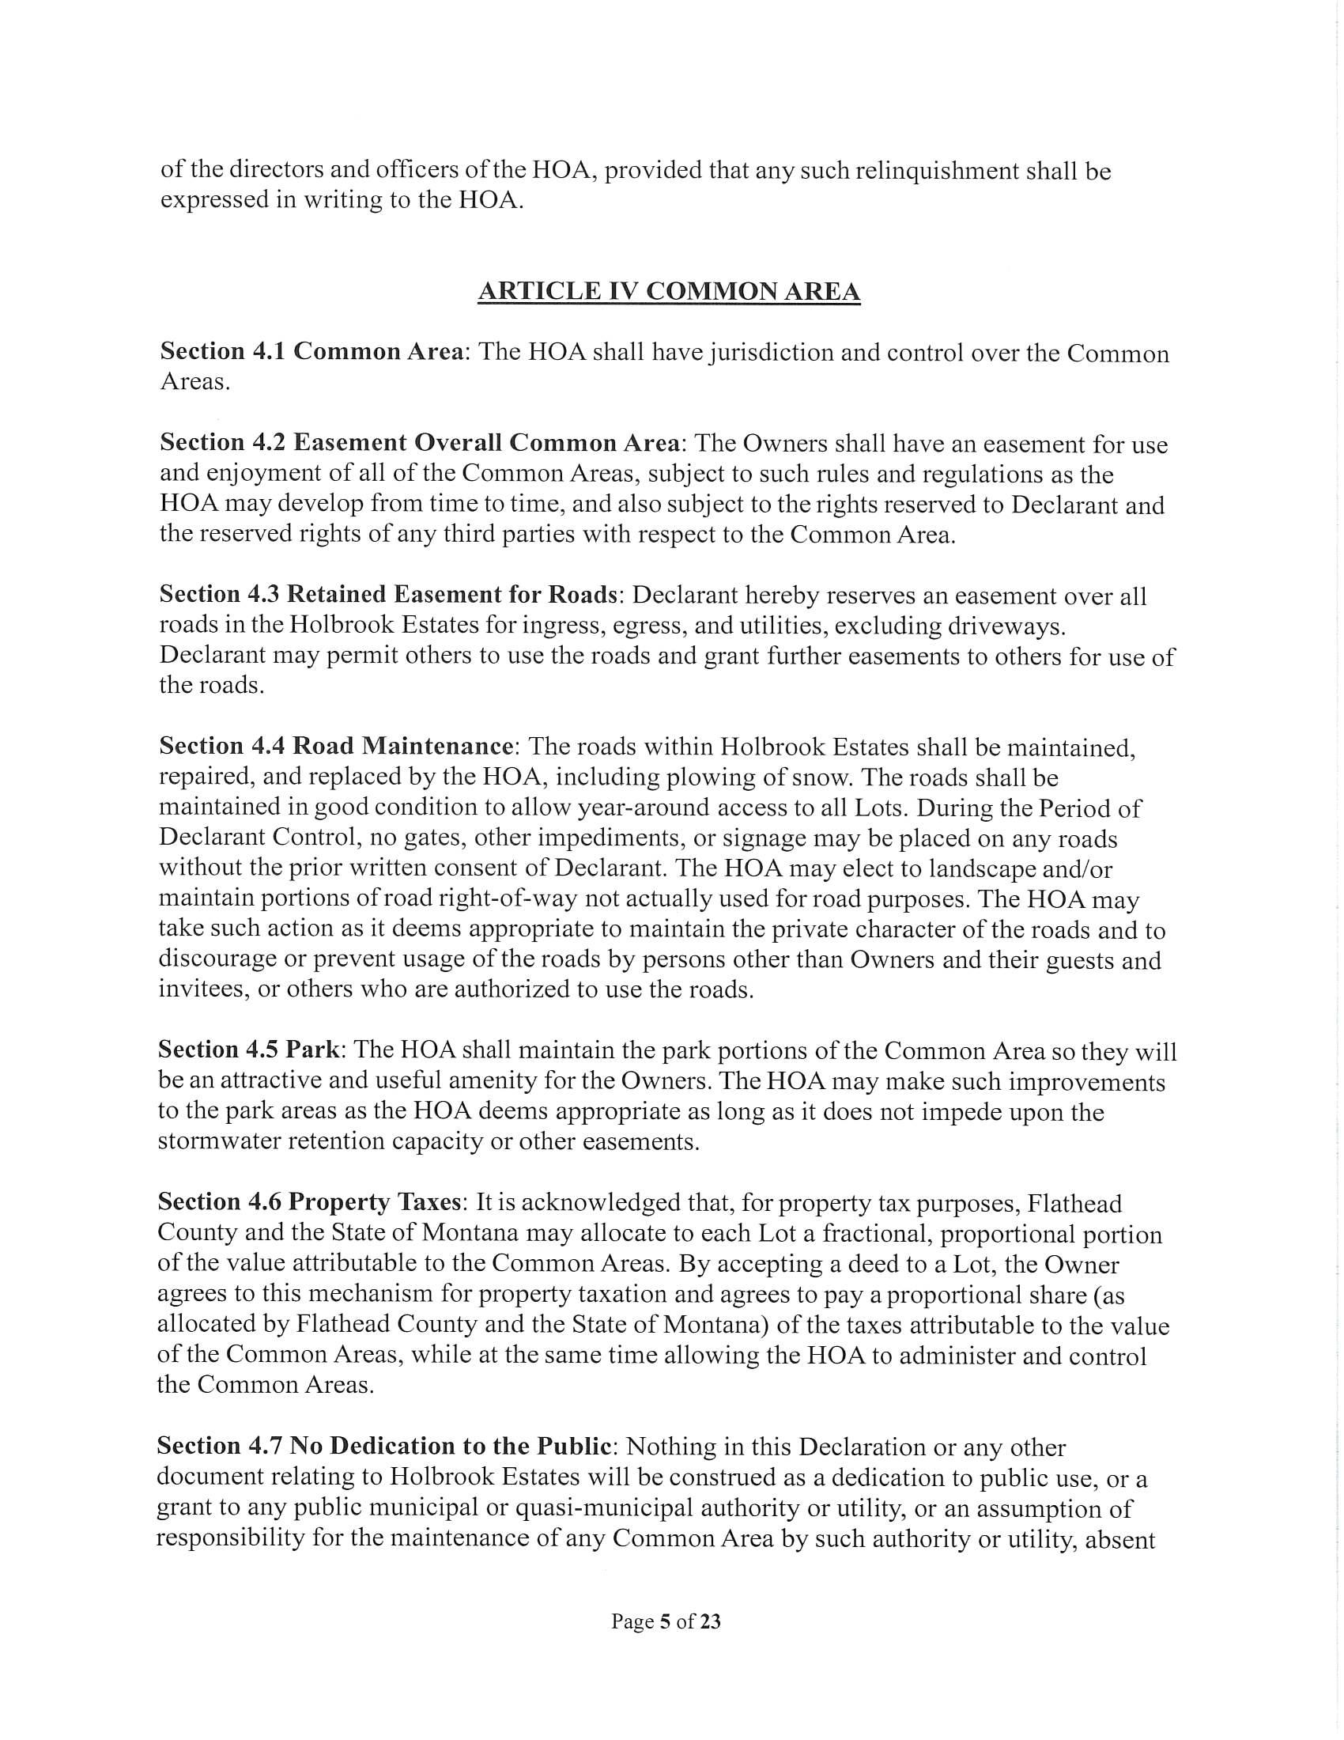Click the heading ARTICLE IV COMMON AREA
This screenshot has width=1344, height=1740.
(669, 293)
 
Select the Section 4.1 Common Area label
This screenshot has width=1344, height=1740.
(311, 351)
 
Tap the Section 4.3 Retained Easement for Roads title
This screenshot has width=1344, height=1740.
(388, 594)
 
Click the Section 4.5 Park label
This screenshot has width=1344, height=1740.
(249, 1050)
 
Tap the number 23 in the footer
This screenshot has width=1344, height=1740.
(710, 1621)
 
